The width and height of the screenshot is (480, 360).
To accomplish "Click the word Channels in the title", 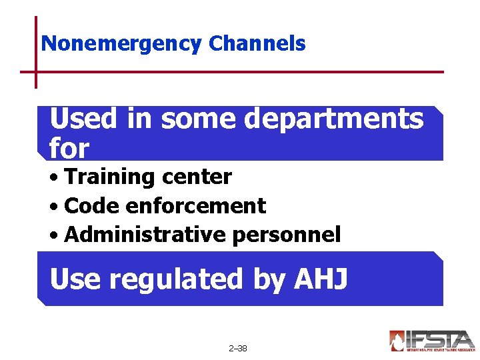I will click(257, 44).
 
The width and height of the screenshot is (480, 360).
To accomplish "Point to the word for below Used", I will click(69, 148).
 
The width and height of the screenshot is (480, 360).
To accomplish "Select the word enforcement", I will click(195, 206).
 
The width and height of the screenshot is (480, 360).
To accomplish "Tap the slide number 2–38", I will click(237, 348).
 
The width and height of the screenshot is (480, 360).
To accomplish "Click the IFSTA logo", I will click(431, 341).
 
